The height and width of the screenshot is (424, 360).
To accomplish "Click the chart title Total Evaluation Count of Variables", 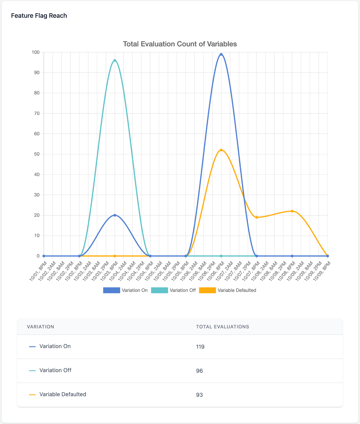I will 180,44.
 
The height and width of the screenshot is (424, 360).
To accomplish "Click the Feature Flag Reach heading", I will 39,16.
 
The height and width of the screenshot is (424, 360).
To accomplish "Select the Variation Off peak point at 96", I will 115,60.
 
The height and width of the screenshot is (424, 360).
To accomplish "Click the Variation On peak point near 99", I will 221,54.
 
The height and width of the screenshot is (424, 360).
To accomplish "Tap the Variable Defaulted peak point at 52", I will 221,150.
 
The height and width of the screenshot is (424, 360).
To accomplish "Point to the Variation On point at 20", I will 115,215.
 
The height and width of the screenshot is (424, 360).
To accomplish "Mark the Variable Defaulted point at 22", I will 292,211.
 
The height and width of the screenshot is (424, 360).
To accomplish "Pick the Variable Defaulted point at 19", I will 257,217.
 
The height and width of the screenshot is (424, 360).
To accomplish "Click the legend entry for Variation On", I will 126,290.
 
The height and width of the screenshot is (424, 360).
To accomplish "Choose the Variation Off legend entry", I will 173,290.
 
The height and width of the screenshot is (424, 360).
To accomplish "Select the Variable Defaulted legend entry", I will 228,290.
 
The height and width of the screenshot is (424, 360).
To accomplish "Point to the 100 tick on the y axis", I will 36,52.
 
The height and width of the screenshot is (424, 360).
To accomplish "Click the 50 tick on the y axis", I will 37,154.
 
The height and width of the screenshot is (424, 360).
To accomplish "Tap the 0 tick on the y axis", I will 38,256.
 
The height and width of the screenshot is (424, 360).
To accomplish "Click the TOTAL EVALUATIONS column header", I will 223,327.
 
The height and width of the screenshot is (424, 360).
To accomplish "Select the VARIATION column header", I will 40,327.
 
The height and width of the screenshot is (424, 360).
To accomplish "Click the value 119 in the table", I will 200,347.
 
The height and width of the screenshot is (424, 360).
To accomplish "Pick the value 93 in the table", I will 199,395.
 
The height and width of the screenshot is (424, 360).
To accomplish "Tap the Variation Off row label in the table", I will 55,370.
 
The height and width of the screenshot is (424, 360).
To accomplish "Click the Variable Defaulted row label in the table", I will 63,394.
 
